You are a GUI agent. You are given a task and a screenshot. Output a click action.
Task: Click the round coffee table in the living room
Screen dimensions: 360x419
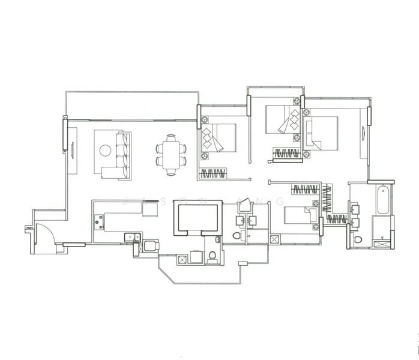pos(105,151)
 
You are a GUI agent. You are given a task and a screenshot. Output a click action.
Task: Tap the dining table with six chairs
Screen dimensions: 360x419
pos(171,154)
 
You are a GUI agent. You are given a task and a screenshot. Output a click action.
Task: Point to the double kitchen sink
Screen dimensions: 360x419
pos(133,238)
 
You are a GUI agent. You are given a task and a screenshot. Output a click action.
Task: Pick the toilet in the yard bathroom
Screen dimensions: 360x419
pos(213,257)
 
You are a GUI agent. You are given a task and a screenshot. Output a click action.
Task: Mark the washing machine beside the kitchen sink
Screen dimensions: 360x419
pos(151,246)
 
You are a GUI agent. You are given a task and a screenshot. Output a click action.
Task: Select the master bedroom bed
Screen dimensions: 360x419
pos(322,133)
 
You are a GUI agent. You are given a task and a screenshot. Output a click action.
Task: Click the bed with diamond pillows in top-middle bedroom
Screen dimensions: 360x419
pos(282,119)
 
